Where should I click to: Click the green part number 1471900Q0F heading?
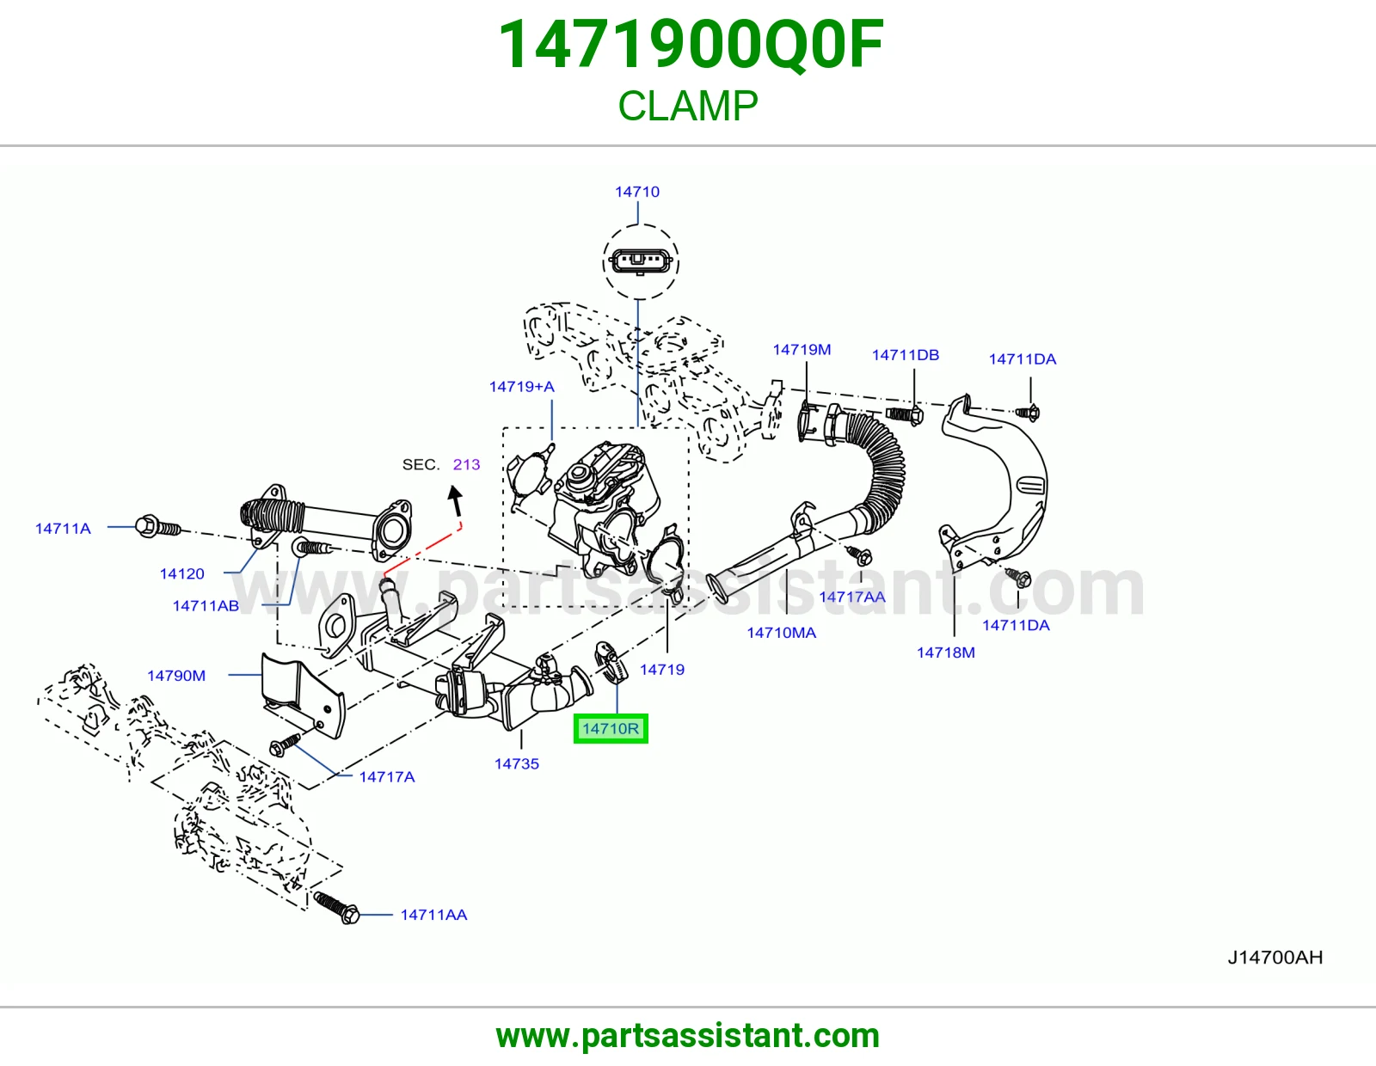(x=691, y=45)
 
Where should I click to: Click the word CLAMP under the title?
(x=688, y=106)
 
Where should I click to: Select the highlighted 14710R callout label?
(x=611, y=729)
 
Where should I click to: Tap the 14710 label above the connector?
(x=637, y=192)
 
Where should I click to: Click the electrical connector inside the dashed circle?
(x=640, y=260)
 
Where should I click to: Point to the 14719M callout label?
(x=802, y=349)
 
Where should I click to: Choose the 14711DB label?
(x=906, y=355)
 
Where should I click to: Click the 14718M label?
(x=946, y=652)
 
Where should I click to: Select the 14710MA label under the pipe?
(x=782, y=633)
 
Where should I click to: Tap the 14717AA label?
(x=852, y=597)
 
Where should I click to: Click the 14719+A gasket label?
(x=522, y=387)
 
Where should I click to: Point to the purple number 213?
(x=467, y=464)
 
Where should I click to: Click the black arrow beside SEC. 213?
(x=455, y=500)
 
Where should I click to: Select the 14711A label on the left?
(x=63, y=529)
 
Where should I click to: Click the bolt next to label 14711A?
(x=157, y=527)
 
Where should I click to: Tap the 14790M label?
(x=176, y=676)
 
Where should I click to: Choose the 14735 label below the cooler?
(x=517, y=764)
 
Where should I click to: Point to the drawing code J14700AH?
(x=1275, y=958)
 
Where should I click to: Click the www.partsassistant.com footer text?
(x=688, y=1036)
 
